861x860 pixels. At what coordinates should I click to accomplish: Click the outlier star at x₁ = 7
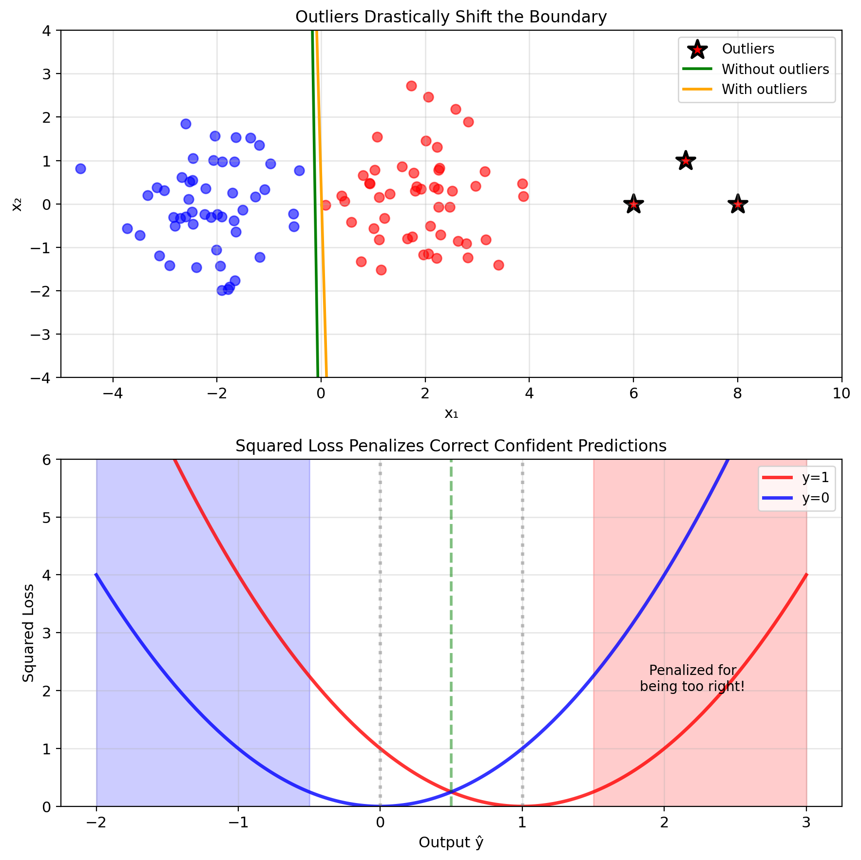pos(686,161)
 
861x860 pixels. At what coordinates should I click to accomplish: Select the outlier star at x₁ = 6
pos(633,204)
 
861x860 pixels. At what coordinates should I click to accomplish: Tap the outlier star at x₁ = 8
pos(738,204)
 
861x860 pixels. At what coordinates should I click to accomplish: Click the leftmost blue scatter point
pos(80,168)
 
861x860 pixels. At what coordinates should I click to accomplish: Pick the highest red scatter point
pos(411,86)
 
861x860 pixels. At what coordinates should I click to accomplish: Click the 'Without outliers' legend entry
pos(775,69)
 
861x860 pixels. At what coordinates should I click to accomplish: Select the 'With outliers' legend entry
pos(764,89)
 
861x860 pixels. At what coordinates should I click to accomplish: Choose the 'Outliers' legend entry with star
pos(748,49)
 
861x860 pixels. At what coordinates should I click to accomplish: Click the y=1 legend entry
pos(815,478)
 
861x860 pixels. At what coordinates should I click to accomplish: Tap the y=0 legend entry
pos(815,498)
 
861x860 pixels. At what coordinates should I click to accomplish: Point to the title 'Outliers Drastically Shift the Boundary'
pos(451,17)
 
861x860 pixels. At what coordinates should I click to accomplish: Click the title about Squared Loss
pos(451,446)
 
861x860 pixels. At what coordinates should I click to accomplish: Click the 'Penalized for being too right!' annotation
pos(692,678)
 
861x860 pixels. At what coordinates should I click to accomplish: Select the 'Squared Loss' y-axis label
pos(29,633)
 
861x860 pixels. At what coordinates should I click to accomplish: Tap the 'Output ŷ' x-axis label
pos(451,842)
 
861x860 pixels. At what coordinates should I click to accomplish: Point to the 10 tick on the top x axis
pos(842,393)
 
